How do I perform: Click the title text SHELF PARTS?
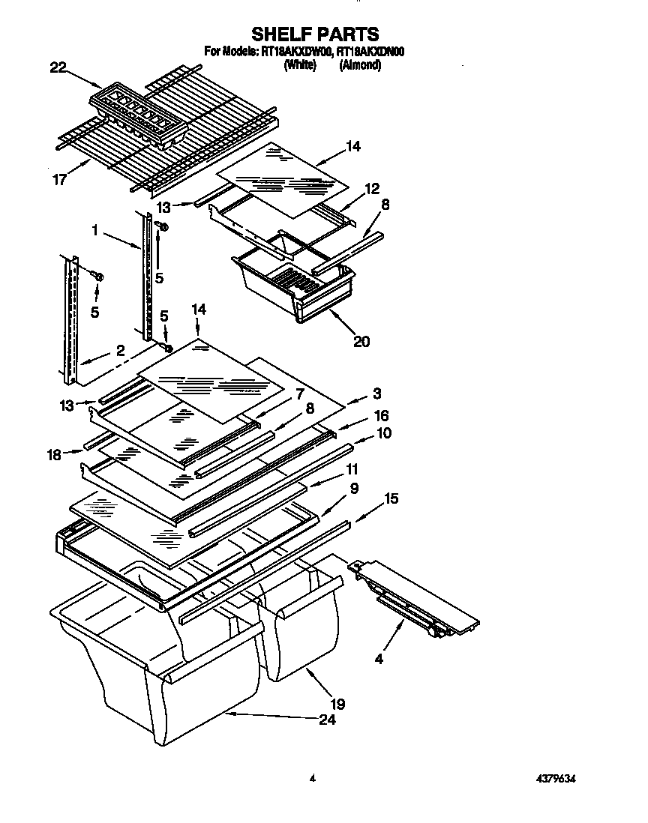pos(314,34)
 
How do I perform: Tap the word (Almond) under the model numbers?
pos(360,66)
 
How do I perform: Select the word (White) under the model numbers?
pos(298,66)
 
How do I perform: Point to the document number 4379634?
pos(556,780)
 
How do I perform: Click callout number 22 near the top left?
pos(58,68)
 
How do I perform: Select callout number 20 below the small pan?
pos(361,341)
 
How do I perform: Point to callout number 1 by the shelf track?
pos(95,232)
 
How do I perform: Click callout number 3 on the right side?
pos(377,393)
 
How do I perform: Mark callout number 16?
pos(382,415)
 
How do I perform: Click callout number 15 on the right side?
pos(391,498)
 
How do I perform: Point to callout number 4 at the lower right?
pos(379,660)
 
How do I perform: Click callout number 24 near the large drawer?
pos(326,720)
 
